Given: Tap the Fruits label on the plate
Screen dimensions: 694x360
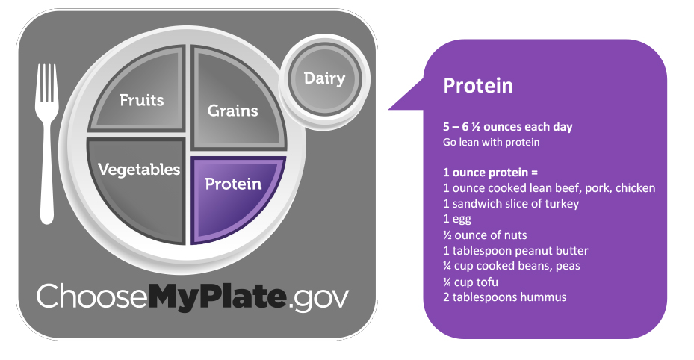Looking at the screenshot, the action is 142,100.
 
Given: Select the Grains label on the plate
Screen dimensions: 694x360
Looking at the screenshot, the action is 233,110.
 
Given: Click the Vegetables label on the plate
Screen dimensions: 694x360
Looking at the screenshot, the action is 139,170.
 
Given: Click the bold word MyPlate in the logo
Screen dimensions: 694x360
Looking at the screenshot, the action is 217,296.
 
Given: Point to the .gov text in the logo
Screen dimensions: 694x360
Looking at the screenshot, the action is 317,298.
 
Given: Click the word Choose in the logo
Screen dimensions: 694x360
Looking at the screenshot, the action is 92,296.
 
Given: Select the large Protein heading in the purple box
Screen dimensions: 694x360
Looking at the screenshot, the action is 478,85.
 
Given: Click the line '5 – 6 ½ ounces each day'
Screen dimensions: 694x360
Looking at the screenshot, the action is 508,127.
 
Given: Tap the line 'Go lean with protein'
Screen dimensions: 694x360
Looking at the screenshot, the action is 492,143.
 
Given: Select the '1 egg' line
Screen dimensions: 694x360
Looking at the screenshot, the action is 457,220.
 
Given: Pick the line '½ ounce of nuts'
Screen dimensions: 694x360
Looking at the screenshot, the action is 485,235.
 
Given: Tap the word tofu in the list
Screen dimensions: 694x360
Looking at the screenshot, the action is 487,282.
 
